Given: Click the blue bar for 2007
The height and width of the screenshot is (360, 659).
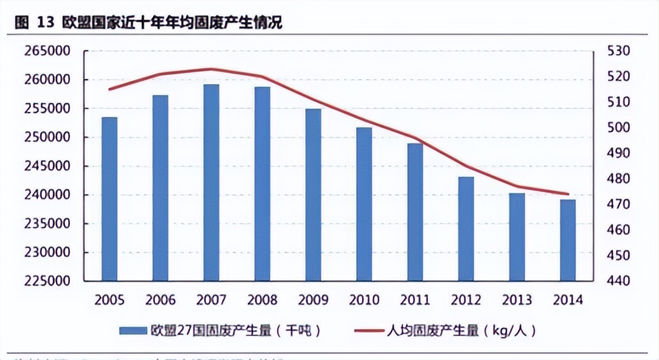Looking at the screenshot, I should click(x=211, y=182).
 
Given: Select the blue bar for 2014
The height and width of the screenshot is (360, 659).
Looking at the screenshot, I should click(x=568, y=240).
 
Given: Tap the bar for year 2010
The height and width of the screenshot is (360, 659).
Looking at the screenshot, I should click(x=364, y=204).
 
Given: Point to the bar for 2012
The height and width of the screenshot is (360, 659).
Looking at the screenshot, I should click(x=466, y=229).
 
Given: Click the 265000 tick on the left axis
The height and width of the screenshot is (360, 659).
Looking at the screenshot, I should click(x=47, y=51).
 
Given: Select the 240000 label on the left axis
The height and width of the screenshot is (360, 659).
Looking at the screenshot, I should click(x=47, y=195).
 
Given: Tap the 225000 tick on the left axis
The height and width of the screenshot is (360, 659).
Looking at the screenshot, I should click(x=47, y=282).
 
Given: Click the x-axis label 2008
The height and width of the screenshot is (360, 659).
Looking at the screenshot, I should click(x=262, y=300).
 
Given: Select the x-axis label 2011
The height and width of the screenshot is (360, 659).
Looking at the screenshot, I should click(x=415, y=300).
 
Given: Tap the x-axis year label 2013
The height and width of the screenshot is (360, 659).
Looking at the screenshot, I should click(x=517, y=300).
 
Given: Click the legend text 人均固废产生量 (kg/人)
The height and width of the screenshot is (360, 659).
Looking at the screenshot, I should click(x=461, y=331).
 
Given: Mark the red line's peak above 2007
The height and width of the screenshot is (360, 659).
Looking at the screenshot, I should click(x=211, y=69).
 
